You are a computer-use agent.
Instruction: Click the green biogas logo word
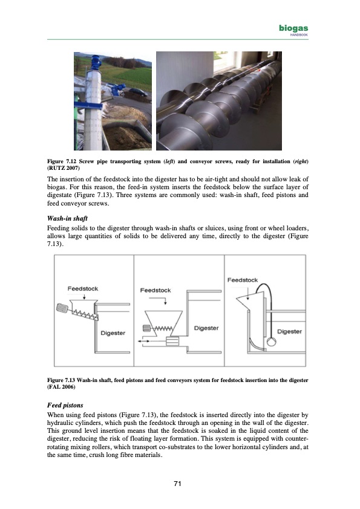tap(293, 28)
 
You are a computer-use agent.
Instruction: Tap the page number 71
tap(177, 484)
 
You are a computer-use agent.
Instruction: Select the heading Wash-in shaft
tap(67, 218)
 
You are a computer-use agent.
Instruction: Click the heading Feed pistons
tap(65, 405)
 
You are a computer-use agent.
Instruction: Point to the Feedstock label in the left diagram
tap(83, 288)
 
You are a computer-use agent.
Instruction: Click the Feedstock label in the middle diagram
tap(155, 290)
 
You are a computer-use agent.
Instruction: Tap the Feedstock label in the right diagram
tap(243, 280)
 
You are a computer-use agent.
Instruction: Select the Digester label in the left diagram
tap(113, 333)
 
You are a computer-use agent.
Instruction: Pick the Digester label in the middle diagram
tap(206, 328)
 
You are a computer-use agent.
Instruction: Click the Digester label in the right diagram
tap(289, 331)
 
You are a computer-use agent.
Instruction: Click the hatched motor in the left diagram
tap(62, 308)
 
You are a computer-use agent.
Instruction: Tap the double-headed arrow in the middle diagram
tap(144, 341)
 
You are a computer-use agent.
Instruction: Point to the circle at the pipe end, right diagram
tap(271, 342)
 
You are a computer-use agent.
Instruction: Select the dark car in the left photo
tap(138, 92)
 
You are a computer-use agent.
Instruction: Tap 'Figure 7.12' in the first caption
tap(61, 161)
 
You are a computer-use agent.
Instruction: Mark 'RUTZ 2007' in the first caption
tap(63, 168)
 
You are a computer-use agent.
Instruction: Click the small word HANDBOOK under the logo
tap(299, 35)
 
